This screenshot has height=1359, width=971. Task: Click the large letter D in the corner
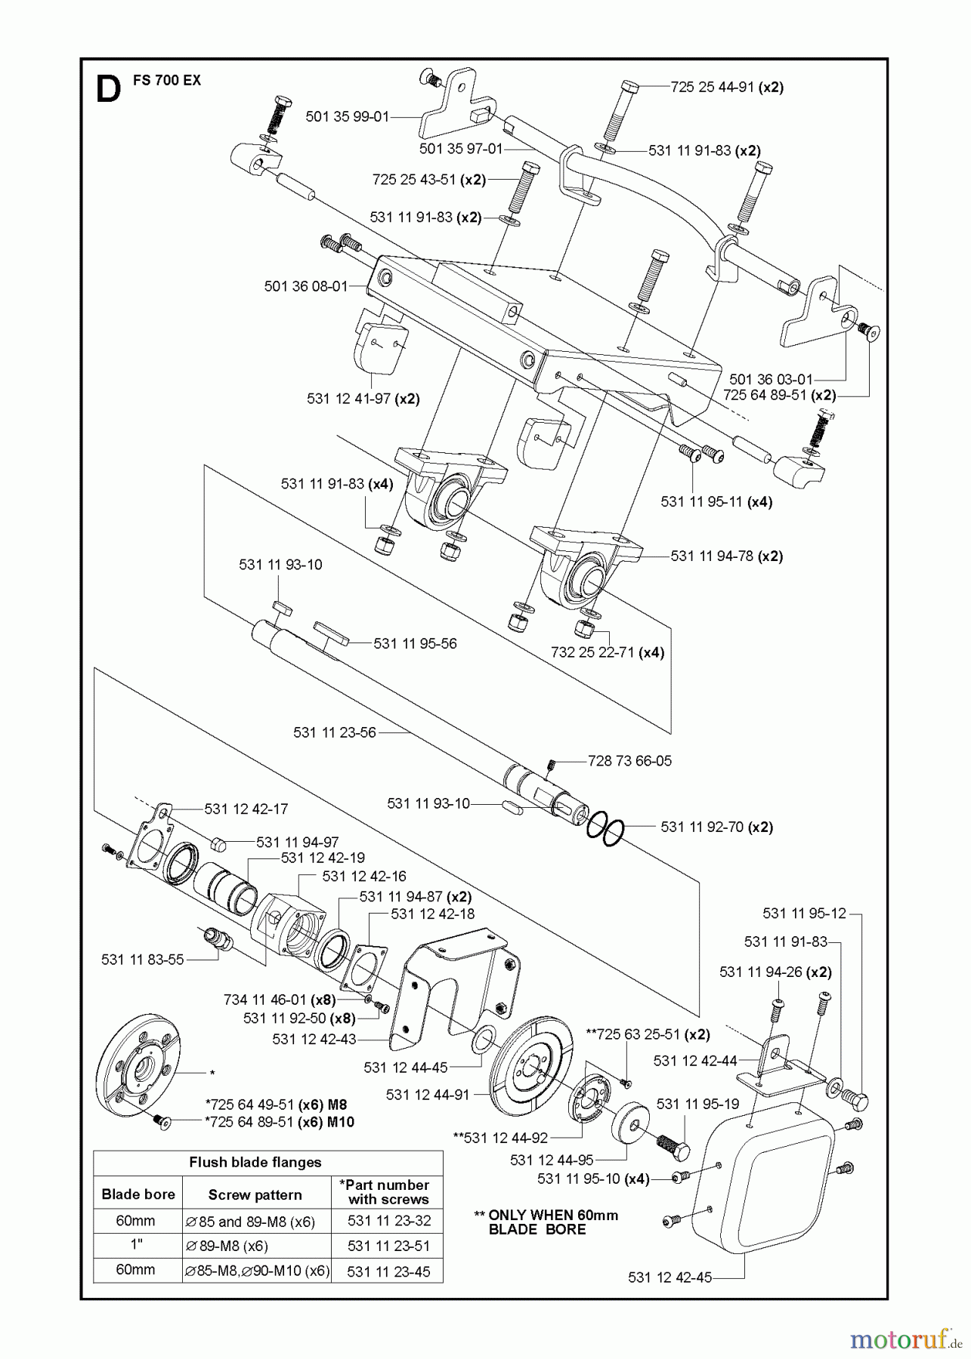(108, 91)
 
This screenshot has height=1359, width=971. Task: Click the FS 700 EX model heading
(167, 80)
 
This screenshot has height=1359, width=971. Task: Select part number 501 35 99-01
(347, 117)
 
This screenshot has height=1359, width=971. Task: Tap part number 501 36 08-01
(306, 286)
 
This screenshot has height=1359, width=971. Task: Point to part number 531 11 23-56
(334, 732)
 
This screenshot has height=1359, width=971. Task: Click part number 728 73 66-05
(629, 761)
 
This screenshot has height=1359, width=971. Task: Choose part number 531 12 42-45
(669, 1277)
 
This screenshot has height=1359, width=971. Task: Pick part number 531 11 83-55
(142, 960)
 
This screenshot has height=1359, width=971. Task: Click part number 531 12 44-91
(427, 1095)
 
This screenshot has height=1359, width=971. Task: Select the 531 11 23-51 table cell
(388, 1246)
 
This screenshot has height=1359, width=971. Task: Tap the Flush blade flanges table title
(255, 1163)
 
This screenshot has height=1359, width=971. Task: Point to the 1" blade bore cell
(135, 1246)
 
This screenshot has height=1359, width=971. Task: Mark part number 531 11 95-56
(415, 644)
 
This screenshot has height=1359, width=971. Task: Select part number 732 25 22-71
(593, 652)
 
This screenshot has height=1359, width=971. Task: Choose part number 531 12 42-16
(363, 876)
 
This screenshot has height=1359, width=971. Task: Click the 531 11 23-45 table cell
(388, 1271)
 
